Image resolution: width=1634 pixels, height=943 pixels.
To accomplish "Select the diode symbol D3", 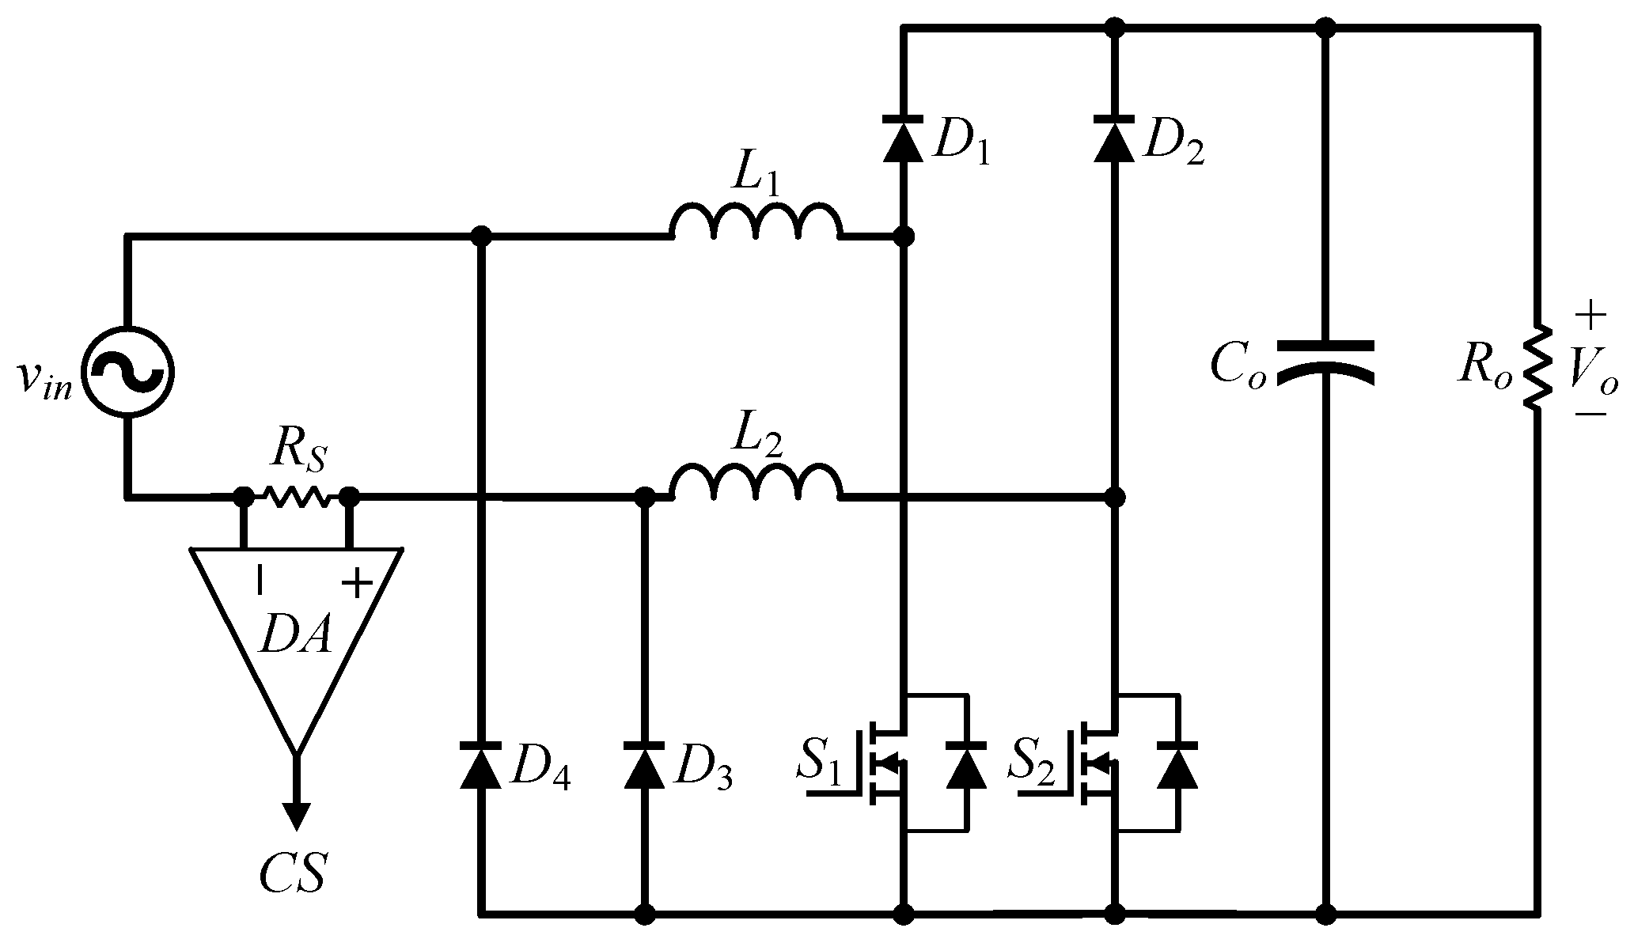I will pos(644,766).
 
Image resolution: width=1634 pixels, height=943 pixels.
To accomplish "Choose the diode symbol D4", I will pos(480,766).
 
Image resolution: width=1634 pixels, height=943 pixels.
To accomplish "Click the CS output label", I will pos(294,871).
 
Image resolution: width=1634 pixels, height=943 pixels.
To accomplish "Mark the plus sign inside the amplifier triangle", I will pos(357,585).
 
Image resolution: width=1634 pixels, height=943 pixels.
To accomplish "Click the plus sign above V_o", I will pos(1590,317).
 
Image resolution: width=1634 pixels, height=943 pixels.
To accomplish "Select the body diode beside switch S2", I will pos(1177,766).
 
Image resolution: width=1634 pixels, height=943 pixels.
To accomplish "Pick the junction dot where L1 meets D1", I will pos(904,236).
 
